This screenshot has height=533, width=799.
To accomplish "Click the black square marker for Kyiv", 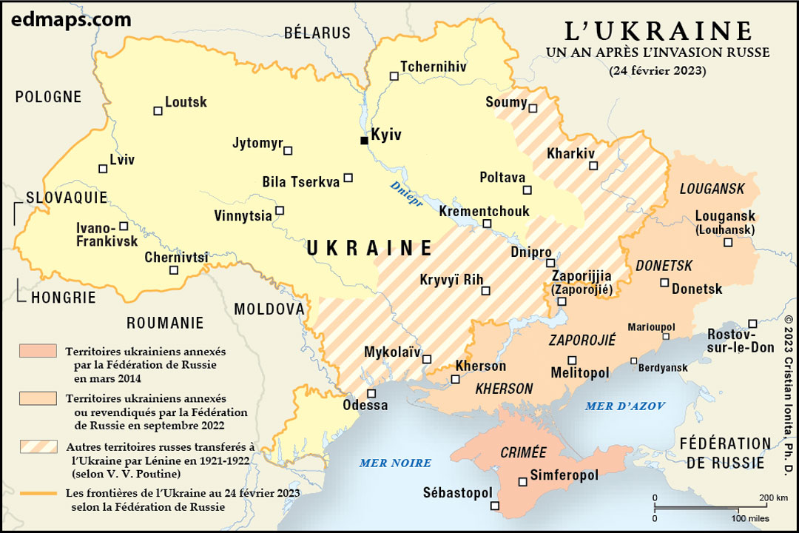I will [x=364, y=140].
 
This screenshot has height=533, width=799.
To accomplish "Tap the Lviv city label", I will [x=122, y=159].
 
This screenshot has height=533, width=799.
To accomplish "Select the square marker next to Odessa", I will [x=371, y=393].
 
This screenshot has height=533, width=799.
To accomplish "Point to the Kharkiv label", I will [x=570, y=154].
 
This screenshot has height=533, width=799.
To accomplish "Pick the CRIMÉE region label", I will [x=523, y=452].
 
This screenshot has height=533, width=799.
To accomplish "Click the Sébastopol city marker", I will [x=495, y=506].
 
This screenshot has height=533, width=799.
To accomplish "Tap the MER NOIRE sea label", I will [x=395, y=463].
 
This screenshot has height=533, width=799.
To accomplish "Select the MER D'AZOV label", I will [x=625, y=406].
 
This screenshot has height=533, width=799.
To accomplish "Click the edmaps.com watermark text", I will [x=71, y=19].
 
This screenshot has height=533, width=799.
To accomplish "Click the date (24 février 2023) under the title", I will [x=658, y=72].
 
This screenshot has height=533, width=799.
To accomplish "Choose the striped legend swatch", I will [x=38, y=446].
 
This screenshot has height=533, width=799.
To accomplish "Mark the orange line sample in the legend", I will [x=38, y=492].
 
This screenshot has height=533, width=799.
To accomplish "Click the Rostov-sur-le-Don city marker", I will [x=752, y=324].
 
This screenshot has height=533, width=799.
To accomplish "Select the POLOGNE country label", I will [x=48, y=97].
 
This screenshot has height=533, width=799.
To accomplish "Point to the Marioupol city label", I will [x=651, y=327].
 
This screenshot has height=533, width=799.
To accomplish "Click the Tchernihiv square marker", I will [x=394, y=76].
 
